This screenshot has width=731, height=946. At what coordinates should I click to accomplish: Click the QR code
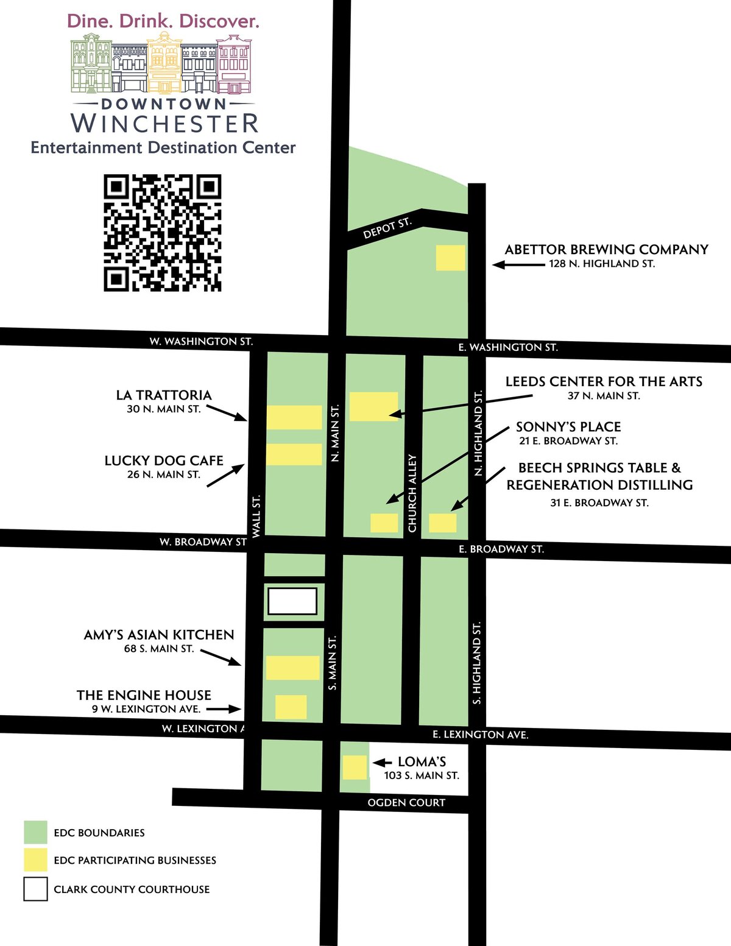click(x=162, y=233)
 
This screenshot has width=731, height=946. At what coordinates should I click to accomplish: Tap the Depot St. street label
click(x=387, y=228)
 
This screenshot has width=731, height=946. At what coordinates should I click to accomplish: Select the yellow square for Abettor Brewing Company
click(x=451, y=258)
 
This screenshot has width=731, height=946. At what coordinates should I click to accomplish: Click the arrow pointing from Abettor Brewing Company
click(x=518, y=265)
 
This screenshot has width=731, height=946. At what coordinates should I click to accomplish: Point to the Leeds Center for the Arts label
click(x=604, y=382)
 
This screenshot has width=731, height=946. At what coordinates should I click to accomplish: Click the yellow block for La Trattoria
click(x=294, y=417)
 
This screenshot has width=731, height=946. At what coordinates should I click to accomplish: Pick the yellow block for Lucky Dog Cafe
click(x=294, y=454)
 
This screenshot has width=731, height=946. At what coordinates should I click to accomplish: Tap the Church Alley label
click(x=412, y=493)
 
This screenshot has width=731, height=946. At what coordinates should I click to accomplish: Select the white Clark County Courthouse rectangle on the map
click(x=292, y=601)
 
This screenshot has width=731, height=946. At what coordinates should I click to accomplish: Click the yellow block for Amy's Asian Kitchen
click(x=292, y=668)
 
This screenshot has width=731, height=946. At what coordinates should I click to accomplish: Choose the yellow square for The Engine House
click(x=291, y=707)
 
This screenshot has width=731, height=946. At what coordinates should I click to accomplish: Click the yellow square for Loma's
click(x=355, y=767)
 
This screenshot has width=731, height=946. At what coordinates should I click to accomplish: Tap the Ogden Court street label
click(x=406, y=803)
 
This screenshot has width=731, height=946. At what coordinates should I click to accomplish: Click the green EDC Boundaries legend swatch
click(x=35, y=832)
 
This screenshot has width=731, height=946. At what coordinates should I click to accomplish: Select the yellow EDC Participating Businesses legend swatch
click(x=35, y=860)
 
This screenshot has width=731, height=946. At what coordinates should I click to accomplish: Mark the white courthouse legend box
click(x=35, y=889)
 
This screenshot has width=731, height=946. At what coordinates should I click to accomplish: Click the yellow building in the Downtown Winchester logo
click(x=164, y=62)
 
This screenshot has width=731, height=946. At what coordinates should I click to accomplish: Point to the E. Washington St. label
click(x=508, y=347)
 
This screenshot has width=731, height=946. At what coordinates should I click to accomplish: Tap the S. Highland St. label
click(x=477, y=663)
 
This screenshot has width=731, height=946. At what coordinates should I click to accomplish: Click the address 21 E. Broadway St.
click(x=568, y=441)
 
